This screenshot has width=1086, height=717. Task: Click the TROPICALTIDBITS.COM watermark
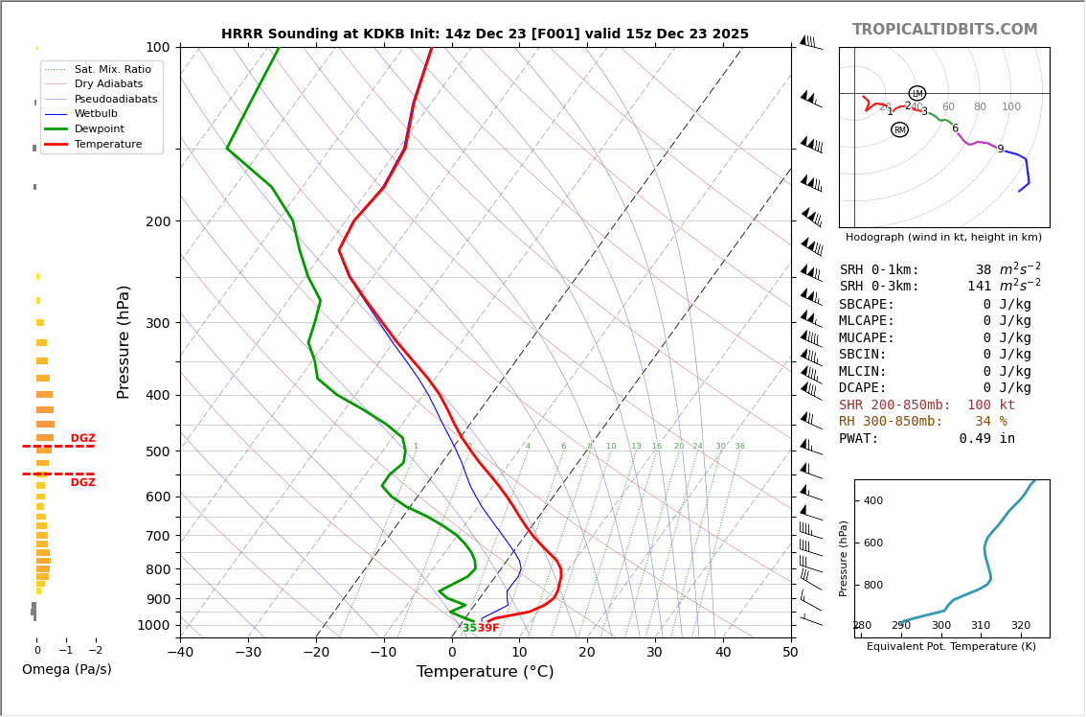(x=944, y=30)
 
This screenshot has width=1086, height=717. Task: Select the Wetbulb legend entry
(x=96, y=113)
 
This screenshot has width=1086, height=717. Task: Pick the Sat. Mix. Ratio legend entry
(x=112, y=69)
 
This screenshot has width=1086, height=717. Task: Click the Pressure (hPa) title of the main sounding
(x=124, y=341)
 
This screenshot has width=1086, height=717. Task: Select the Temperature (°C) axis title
(x=485, y=672)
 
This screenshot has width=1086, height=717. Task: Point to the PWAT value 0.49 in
(x=986, y=439)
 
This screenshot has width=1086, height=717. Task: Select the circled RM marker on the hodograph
(x=899, y=129)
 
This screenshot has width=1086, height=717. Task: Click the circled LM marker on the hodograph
(x=916, y=93)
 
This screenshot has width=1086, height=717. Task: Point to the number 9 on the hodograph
(x=1000, y=150)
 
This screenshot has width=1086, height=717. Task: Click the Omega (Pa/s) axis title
(x=66, y=669)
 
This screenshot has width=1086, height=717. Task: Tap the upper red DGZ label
(x=82, y=438)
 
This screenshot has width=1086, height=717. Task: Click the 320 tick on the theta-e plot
(x=1020, y=626)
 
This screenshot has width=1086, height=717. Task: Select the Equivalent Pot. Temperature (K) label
(x=951, y=646)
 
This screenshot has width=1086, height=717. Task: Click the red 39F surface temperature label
(x=488, y=628)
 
